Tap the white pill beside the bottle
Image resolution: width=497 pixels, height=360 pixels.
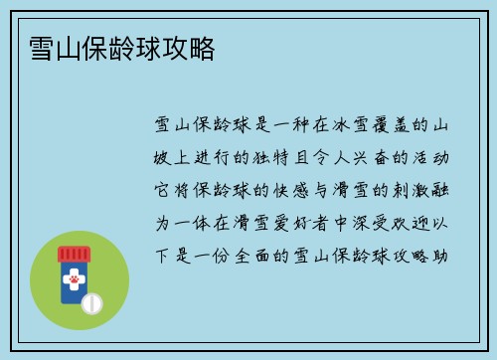coord(92,301)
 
